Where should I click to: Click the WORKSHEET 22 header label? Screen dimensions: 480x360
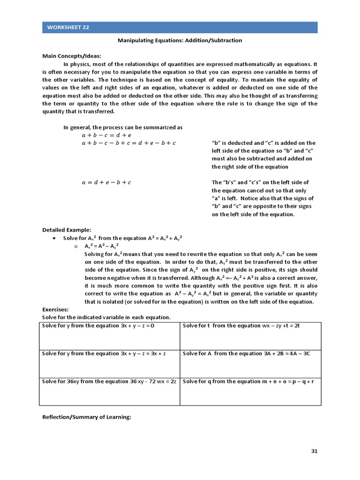68,27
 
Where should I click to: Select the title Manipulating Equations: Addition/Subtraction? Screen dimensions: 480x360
180,40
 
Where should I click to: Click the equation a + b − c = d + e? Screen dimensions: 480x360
106,135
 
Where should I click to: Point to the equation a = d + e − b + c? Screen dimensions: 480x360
106,183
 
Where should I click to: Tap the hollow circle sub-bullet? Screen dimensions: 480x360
75,246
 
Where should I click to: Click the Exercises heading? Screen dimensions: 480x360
55,309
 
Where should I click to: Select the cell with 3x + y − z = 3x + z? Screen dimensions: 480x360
110,364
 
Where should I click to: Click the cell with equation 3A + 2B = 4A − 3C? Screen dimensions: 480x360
250,364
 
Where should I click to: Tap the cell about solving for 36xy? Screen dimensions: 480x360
110,391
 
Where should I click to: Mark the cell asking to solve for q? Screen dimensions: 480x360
250,391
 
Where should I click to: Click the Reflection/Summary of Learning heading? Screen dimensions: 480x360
86,417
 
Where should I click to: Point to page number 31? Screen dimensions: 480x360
315,451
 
